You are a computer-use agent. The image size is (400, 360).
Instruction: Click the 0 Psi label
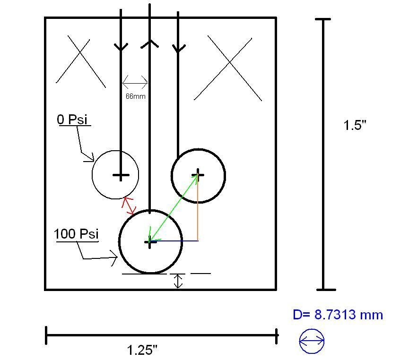72,120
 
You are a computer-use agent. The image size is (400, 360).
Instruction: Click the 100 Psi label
76,234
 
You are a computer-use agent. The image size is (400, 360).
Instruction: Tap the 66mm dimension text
135,96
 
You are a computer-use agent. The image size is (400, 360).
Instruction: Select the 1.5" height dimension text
355,125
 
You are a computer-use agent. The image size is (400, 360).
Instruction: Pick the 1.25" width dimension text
142,350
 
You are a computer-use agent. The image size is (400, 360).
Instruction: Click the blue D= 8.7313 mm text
338,315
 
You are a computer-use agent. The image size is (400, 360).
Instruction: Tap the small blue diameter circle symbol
312,341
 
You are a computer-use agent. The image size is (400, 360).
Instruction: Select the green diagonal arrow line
173,208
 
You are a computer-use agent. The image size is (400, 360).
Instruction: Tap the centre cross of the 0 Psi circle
121,176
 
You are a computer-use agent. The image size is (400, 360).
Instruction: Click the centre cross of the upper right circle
199,175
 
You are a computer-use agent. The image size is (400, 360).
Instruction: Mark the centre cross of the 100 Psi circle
150,242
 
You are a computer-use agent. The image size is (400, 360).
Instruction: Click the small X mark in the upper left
80,61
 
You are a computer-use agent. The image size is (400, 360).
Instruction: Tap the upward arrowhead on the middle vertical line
150,44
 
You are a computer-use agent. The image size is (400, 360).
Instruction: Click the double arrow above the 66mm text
135,84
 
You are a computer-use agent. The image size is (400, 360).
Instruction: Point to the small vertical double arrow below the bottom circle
178,281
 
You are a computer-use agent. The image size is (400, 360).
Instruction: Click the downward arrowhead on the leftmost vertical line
121,47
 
